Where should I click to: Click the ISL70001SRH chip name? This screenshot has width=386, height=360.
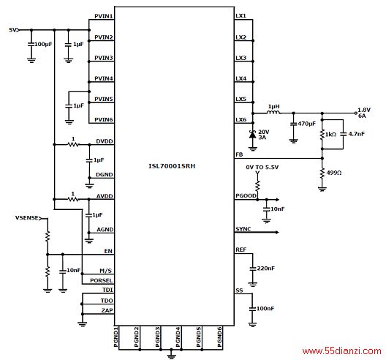coord(172,166)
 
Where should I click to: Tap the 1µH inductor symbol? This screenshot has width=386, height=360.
coord(273,113)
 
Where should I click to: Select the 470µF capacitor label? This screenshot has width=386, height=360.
coord(306,124)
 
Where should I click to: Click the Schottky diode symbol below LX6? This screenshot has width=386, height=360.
coord(252,135)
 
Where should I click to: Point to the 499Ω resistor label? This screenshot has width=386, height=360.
coord(334,173)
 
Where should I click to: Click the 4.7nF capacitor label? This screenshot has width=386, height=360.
coord(357,134)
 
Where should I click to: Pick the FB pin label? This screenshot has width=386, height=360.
coord(239,154)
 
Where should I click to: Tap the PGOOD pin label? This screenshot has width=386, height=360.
coord(246,195)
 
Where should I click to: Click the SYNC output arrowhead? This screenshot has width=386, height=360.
coord(277,232)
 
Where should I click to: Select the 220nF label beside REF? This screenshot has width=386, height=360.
coord(265,268)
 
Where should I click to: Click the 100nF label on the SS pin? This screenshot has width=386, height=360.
coord(265,308)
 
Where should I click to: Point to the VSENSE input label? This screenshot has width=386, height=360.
coord(27,218)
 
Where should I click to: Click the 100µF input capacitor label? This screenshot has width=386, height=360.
coord(43,45)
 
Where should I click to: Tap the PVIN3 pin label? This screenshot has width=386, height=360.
coord(104,58)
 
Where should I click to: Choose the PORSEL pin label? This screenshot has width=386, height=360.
coord(101,280)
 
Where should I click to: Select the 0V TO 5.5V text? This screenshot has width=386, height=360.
coord(262,168)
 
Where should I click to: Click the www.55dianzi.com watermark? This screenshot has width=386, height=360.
coord(341,351)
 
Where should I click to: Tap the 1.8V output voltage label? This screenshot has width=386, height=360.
coord(364,110)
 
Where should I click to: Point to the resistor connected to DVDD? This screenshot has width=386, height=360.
coord(73,144)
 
